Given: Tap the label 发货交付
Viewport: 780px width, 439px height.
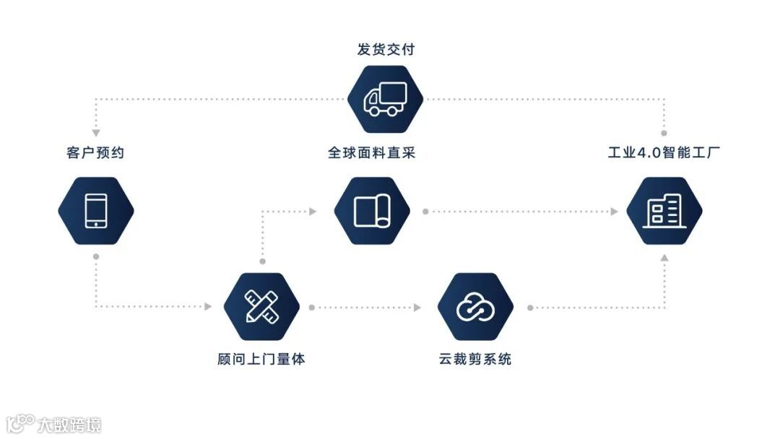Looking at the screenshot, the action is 386,49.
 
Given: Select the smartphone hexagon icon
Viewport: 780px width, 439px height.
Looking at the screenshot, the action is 96,211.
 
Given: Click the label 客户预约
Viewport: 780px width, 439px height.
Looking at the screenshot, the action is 95,153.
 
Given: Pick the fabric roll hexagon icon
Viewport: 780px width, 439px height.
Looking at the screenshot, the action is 372,211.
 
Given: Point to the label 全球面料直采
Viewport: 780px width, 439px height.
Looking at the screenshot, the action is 372,153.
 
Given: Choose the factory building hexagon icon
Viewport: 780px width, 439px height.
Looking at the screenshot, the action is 664,211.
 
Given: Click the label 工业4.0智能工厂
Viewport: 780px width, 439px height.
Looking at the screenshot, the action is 664,153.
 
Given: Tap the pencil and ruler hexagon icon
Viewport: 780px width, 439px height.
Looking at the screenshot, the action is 261,307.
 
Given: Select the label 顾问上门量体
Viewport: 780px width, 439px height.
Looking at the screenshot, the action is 261,359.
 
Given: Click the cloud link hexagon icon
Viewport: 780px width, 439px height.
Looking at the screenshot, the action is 475,307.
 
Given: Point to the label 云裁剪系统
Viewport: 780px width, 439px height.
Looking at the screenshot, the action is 475,359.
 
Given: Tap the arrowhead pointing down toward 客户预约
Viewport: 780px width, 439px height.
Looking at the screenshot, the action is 95,133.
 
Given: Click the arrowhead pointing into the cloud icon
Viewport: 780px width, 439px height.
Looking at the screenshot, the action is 417,307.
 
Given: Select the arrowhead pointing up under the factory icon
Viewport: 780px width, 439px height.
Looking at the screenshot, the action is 664,258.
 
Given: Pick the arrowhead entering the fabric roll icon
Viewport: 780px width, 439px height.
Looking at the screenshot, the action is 313,212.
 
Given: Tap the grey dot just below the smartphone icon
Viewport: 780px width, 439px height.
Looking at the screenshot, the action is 95,256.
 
